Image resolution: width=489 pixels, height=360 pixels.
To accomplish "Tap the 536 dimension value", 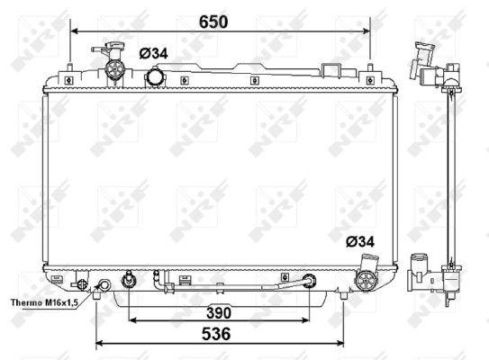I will pyautogui.click(x=215, y=333).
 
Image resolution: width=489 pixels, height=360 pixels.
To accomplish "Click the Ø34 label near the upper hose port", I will pyautogui.click(x=153, y=53).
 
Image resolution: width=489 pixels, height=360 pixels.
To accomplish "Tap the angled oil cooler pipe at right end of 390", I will pyautogui.click(x=309, y=280).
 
